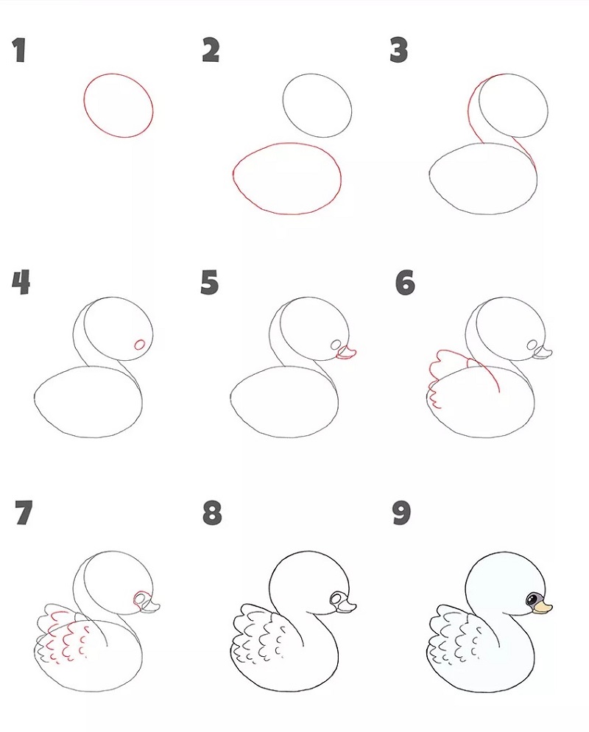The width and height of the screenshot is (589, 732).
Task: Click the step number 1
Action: point(19,50)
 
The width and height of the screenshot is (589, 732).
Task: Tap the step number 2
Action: point(211,50)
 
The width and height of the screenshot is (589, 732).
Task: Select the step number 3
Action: point(398,50)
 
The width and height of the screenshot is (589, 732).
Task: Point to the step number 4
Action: point(21,283)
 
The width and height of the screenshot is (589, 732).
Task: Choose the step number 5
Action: point(210,283)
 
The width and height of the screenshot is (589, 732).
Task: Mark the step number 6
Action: point(405,283)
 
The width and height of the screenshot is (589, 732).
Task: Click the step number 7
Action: point(24,513)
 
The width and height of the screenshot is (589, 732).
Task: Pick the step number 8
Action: point(212,513)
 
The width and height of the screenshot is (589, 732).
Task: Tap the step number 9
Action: point(401,513)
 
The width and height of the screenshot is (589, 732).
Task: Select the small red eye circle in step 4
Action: point(140,345)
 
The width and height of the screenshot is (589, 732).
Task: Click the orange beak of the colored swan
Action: point(543,607)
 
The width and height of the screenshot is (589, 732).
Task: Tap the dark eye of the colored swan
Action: point(532,599)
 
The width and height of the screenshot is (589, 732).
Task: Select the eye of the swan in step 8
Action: point(337,598)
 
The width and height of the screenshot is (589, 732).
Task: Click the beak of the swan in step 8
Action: point(348,607)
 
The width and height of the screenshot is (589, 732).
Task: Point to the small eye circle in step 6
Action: point(532,345)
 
